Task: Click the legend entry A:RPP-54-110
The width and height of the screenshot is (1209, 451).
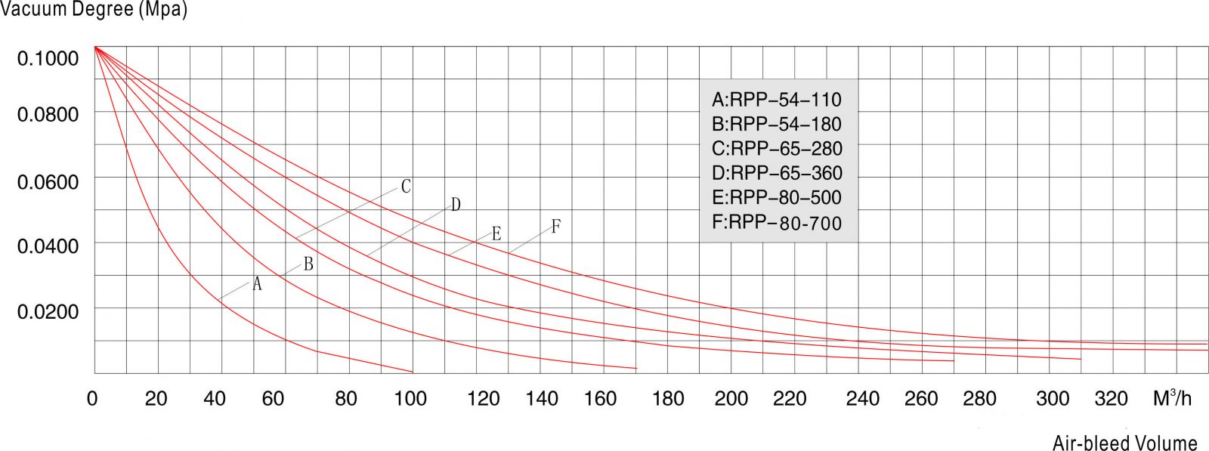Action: tap(776, 100)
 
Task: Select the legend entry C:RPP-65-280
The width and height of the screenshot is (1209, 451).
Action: tap(777, 149)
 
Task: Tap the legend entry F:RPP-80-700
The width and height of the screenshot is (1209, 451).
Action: tap(777, 223)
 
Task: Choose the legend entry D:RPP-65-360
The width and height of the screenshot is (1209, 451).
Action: tap(777, 174)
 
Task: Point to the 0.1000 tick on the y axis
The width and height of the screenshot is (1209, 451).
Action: tap(48, 59)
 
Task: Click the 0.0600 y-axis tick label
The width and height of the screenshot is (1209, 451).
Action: tap(48, 182)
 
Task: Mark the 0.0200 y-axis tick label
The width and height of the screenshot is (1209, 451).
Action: tap(48, 311)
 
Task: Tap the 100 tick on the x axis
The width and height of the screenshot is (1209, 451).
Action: tap(410, 398)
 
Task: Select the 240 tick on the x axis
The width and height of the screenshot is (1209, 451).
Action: tap(862, 398)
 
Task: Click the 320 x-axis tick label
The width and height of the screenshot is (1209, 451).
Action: tap(1111, 398)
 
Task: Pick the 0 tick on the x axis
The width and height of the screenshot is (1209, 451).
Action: tap(92, 398)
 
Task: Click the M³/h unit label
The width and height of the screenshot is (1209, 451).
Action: tap(1172, 397)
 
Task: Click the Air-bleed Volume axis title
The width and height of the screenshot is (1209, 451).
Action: tap(1124, 443)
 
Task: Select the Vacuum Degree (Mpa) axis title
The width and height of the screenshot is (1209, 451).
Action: tap(94, 10)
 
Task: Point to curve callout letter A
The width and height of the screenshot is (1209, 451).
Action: tap(257, 284)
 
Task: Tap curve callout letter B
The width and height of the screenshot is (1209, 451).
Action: tap(308, 264)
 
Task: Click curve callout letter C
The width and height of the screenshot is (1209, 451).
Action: tap(406, 187)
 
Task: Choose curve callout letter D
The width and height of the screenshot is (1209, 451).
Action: tap(456, 205)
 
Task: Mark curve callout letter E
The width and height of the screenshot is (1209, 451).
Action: tap(496, 233)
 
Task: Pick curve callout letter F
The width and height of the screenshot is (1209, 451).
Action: tap(555, 226)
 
